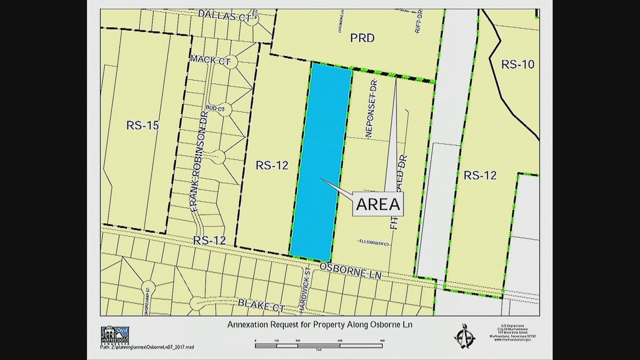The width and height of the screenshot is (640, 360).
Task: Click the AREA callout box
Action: tap(378, 204)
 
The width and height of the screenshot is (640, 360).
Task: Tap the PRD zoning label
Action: tap(362, 38)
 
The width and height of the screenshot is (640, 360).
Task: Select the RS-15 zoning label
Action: tap(142, 125)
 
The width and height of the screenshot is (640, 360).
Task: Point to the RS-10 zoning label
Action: tap(518, 64)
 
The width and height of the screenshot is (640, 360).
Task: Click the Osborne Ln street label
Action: tap(350, 270)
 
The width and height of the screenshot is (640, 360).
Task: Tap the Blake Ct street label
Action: tap(261, 305)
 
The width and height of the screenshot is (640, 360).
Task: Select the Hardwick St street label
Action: tap(304, 290)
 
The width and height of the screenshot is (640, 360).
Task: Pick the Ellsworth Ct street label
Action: tap(374, 244)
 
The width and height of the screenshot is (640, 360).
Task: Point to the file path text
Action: tap(147, 347)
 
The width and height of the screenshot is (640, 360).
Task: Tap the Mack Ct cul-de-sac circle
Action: tap(231, 62)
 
